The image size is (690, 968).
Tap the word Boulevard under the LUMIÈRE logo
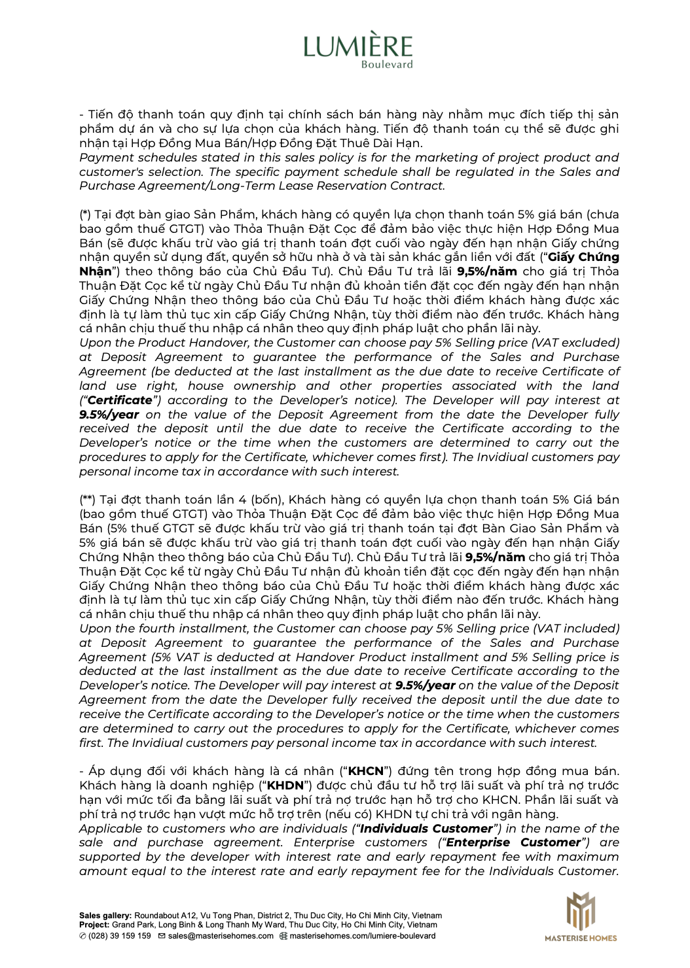click(x=387, y=64)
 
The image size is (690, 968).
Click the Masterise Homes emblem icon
click(x=580, y=910)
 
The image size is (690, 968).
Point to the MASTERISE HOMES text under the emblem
click(x=581, y=938)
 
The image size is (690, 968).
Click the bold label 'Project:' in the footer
click(x=94, y=925)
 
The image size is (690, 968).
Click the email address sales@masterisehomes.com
click(x=220, y=936)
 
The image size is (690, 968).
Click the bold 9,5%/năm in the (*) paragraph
click(x=487, y=271)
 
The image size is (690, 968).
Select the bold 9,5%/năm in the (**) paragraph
click(x=495, y=557)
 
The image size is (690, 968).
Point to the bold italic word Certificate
click(x=120, y=400)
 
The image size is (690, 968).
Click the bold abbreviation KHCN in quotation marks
click(x=365, y=771)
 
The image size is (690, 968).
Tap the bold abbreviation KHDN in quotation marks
click(x=285, y=786)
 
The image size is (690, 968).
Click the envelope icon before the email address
click(x=162, y=936)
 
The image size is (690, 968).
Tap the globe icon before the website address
click(x=283, y=936)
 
